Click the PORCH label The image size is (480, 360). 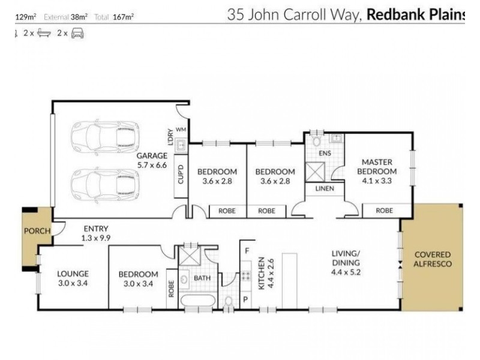(x=37, y=231)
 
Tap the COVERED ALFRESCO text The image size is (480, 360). (x=432, y=259)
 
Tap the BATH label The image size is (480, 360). (x=201, y=278)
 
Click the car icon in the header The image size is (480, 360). (x=78, y=34)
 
